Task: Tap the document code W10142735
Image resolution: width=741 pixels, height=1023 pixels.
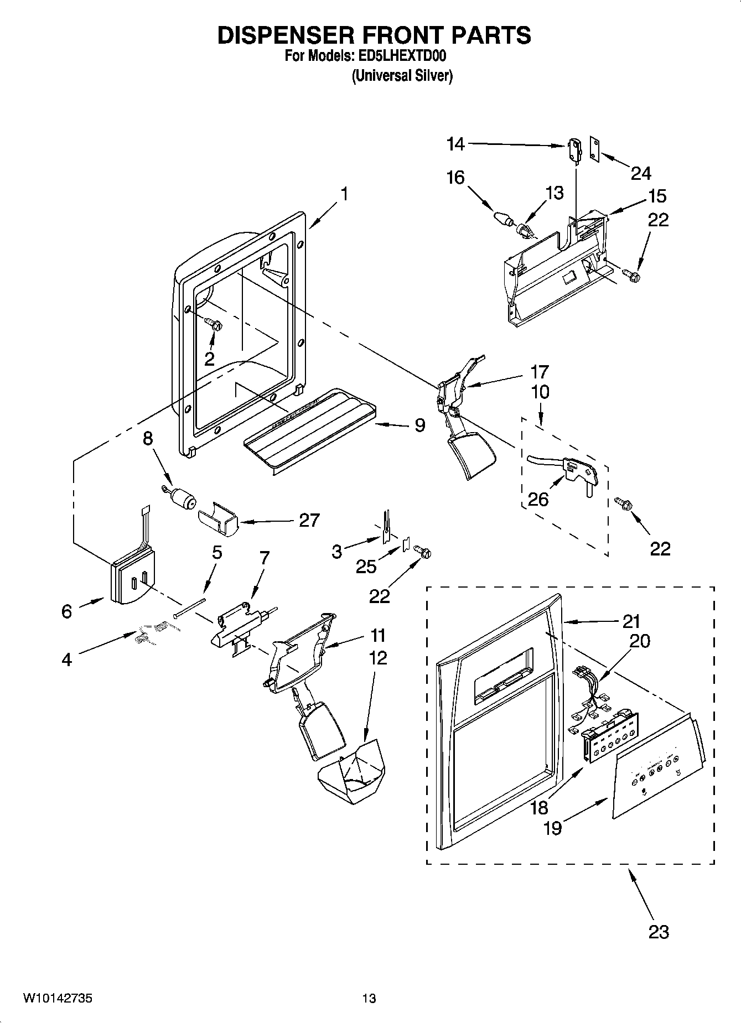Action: click(58, 998)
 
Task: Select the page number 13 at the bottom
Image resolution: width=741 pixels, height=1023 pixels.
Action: click(369, 998)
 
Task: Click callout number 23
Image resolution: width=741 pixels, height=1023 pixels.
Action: click(659, 932)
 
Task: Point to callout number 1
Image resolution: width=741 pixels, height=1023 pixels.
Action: click(344, 195)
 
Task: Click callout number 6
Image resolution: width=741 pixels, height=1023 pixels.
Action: click(66, 611)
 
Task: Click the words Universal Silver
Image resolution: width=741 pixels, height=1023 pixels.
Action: click(402, 76)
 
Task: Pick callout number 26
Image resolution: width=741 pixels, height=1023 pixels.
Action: click(538, 499)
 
